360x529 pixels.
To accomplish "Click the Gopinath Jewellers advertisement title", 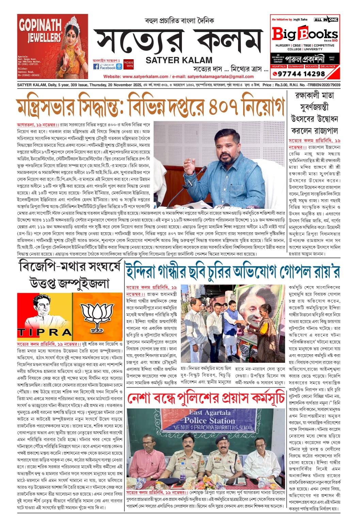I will coord(40,31).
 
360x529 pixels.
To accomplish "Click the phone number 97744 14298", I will coord(301,74).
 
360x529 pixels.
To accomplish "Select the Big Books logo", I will coord(305,34).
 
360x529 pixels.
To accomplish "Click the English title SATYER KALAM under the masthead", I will coord(179,60).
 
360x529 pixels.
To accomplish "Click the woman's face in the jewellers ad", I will coord(73,36).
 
